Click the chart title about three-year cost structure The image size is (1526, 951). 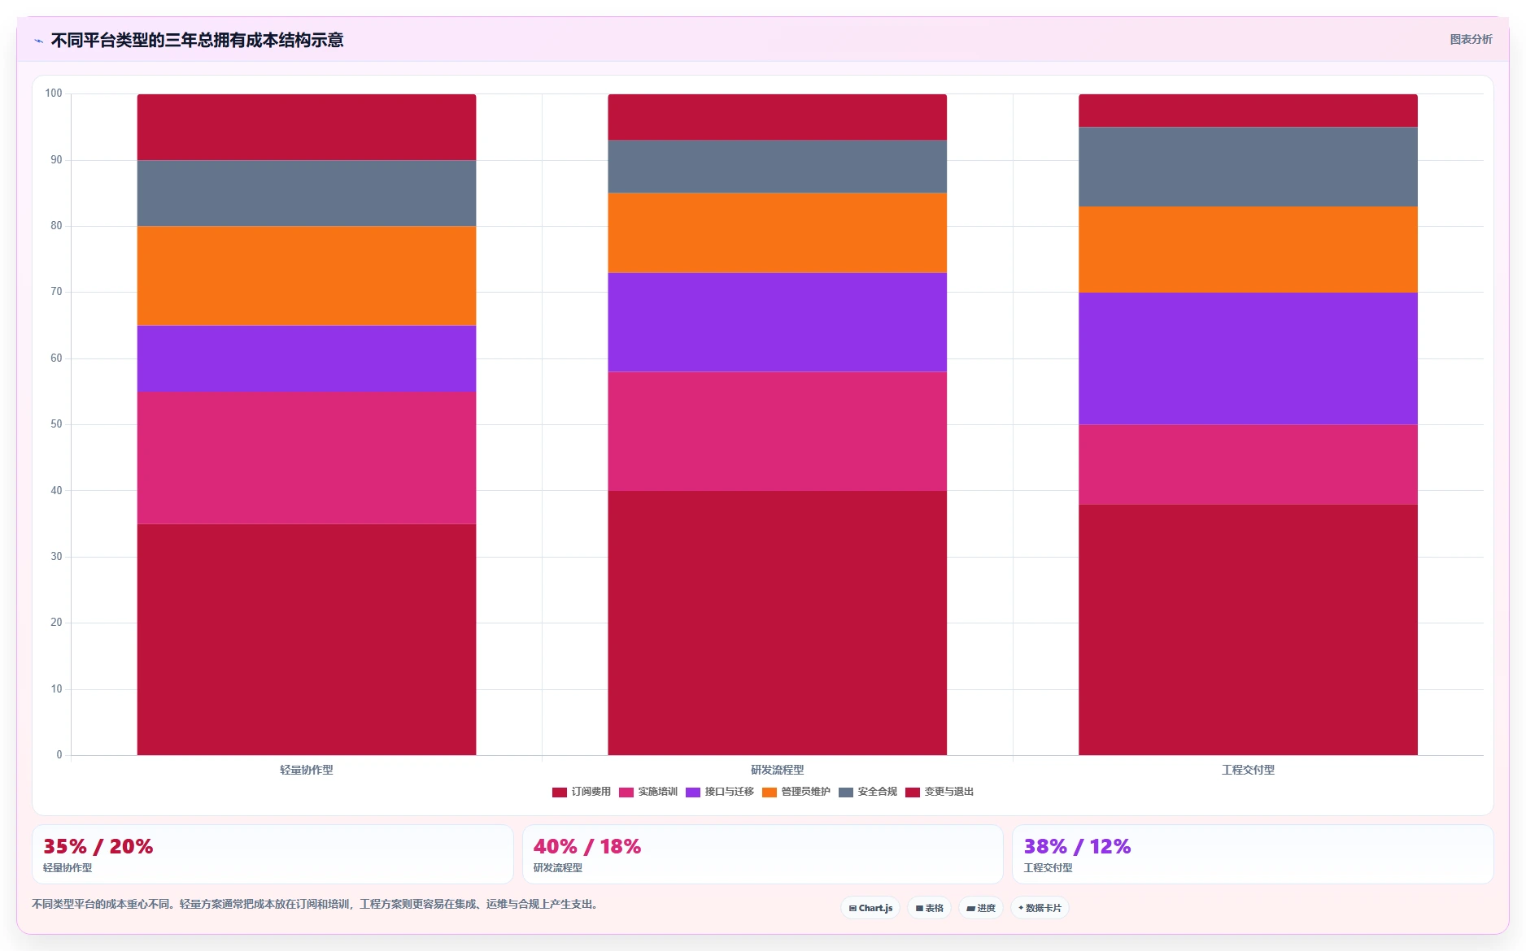[197, 40]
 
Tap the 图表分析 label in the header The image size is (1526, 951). [1471, 39]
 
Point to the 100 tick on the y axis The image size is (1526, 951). [54, 93]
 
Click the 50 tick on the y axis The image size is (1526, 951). [56, 424]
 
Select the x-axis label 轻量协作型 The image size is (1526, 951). [307, 770]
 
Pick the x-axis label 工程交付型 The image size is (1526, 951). [1248, 770]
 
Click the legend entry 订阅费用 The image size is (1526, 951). [581, 792]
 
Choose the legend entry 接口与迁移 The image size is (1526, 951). [720, 792]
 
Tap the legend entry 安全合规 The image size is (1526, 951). [868, 792]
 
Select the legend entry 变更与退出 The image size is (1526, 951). [940, 792]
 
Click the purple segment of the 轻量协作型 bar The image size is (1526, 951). [307, 358]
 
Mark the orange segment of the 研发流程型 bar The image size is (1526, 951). [777, 232]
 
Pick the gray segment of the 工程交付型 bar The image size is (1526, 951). [1248, 167]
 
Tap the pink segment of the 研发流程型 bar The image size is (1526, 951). [777, 431]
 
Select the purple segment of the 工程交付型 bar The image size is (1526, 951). [1248, 358]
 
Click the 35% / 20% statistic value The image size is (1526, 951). [98, 846]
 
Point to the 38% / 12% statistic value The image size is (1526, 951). [1077, 846]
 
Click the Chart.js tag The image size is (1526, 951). [870, 908]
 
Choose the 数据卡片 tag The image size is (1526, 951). [1040, 908]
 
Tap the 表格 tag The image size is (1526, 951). [930, 908]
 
